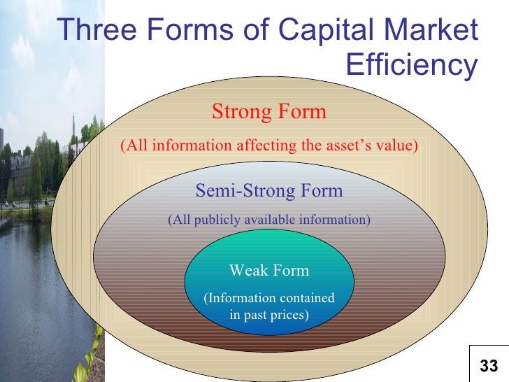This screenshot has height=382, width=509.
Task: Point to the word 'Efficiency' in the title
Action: (x=411, y=66)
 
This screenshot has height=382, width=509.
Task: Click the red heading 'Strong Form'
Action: (x=269, y=111)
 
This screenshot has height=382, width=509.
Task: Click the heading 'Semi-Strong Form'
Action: (x=269, y=190)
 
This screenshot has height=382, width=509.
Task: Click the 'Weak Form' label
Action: (x=269, y=271)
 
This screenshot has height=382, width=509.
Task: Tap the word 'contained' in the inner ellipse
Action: (x=304, y=299)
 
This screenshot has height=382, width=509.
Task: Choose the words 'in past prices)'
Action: (x=269, y=315)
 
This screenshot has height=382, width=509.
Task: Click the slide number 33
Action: (x=489, y=365)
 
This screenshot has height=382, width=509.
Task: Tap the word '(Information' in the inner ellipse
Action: (x=236, y=299)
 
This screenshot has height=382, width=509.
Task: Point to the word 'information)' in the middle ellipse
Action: (x=334, y=220)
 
